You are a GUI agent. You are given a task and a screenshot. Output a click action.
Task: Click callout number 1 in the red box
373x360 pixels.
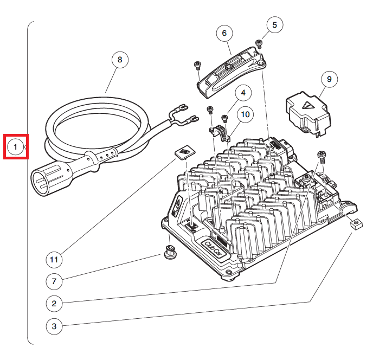click(x=16, y=146)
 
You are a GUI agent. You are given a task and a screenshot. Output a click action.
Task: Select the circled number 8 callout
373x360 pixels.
click(x=120, y=60)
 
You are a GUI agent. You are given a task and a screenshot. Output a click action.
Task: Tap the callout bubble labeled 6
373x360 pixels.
click(x=224, y=33)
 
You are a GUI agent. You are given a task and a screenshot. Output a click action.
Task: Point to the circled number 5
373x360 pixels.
click(x=274, y=25)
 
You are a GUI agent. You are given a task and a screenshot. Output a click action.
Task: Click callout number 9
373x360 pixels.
click(x=328, y=79)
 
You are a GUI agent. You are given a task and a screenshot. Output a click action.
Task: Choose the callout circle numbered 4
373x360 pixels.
click(x=243, y=93)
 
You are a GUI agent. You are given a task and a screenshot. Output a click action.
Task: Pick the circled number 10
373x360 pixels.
click(x=245, y=114)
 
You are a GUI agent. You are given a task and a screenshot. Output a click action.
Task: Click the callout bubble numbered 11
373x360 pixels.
click(x=54, y=260)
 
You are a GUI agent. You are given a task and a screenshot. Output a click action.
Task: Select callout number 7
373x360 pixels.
click(x=54, y=281)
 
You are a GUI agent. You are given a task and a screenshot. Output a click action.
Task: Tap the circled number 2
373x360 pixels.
click(x=54, y=304)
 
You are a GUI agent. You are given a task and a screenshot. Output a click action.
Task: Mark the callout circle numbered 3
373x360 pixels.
click(x=54, y=326)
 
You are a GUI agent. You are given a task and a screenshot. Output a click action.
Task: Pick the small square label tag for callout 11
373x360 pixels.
click(x=185, y=152)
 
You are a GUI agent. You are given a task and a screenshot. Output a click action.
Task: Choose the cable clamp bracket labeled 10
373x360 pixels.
click(x=221, y=133)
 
